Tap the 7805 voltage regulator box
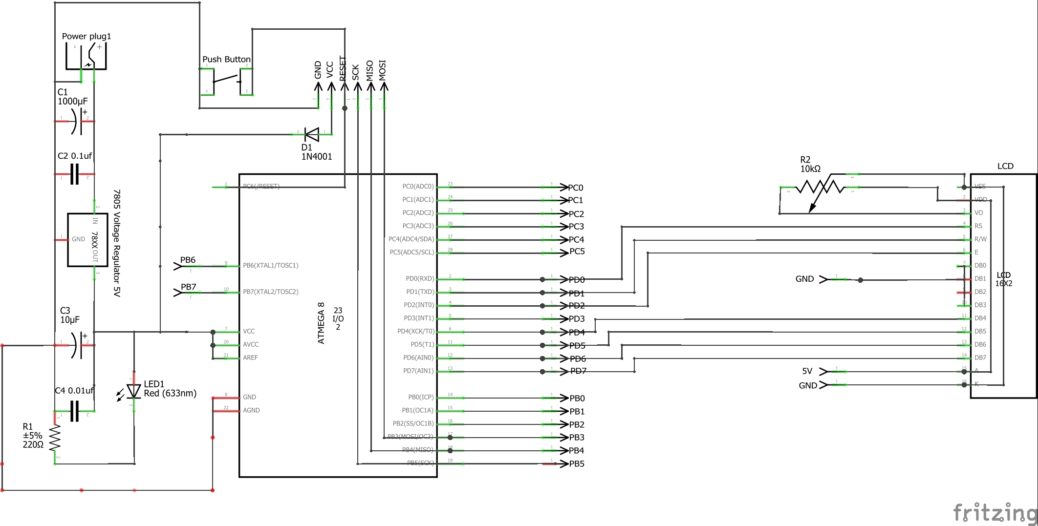pyautogui.click(x=87, y=240)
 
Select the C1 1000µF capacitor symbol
pyautogui.click(x=74, y=121)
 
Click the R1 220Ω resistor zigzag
pyautogui.click(x=55, y=438)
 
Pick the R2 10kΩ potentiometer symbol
pyautogui.click(x=820, y=188)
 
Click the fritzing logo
pyautogui.click(x=995, y=513)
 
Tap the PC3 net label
pyautogui.click(x=576, y=227)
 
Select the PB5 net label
pyautogui.click(x=577, y=463)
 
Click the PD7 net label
pyautogui.click(x=578, y=371)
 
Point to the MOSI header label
pyautogui.click(x=383, y=70)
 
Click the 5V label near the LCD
pyautogui.click(x=807, y=371)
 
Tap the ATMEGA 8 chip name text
pyautogui.click(x=321, y=323)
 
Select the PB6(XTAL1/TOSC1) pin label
pyautogui.click(x=270, y=265)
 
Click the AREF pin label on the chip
pyautogui.click(x=250, y=358)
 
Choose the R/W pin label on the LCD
pyautogui.click(x=980, y=239)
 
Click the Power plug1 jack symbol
pyautogui.click(x=86, y=57)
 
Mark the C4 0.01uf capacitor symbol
pyautogui.click(x=74, y=411)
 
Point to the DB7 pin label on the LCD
pyautogui.click(x=980, y=358)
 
